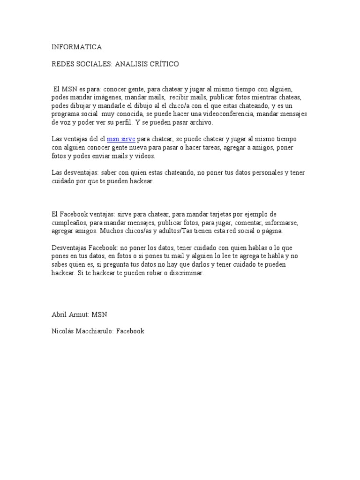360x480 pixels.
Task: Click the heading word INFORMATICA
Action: [76, 47]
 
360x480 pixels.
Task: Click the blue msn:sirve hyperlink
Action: [121, 139]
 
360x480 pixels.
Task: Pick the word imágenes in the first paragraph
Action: [107, 97]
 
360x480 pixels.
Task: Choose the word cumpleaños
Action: [70, 223]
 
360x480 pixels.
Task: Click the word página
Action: [285, 232]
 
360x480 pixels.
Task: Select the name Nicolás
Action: [63, 331]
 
